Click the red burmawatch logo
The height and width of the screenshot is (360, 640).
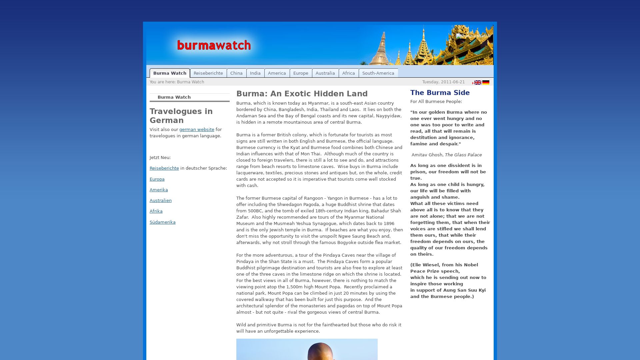pos(214,45)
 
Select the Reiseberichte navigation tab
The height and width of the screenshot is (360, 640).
pos(208,73)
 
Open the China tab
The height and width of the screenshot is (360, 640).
pos(236,73)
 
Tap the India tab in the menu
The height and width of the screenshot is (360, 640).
pos(255,73)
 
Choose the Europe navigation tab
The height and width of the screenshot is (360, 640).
pos(301,73)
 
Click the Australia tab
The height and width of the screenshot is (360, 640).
pos(325,73)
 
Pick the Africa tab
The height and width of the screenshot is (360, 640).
pos(348,73)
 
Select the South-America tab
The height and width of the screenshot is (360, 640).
pos(378,73)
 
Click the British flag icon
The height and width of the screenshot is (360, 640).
pos(478,83)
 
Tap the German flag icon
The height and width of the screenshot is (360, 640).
pos(486,83)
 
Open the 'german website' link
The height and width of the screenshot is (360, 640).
pos(197,130)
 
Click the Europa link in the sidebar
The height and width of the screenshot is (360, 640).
pos(157,179)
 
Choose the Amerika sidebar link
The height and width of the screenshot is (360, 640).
pos(159,190)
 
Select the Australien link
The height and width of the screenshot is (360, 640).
pos(161,201)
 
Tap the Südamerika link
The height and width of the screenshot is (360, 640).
pos(162,222)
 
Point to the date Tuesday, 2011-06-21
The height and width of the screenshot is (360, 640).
pos(443,82)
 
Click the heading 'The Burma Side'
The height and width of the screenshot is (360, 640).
pos(440,93)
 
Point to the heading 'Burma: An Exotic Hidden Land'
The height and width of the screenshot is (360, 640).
pos(302,94)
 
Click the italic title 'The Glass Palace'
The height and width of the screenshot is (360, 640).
pos(463,155)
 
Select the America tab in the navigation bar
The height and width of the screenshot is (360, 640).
pos(277,73)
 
